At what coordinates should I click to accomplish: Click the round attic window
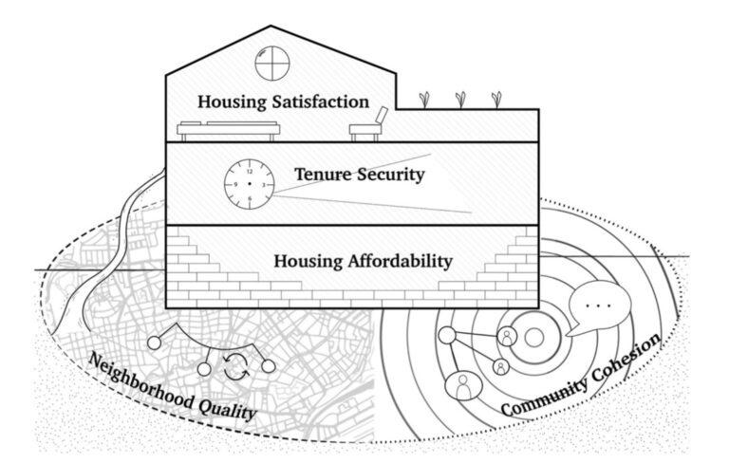click(271, 65)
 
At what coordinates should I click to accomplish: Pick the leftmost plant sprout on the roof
click(424, 98)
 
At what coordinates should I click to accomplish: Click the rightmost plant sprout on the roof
click(495, 98)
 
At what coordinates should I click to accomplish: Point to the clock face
click(249, 181)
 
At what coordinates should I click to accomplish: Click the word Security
click(391, 176)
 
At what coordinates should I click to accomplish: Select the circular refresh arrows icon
click(235, 366)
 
